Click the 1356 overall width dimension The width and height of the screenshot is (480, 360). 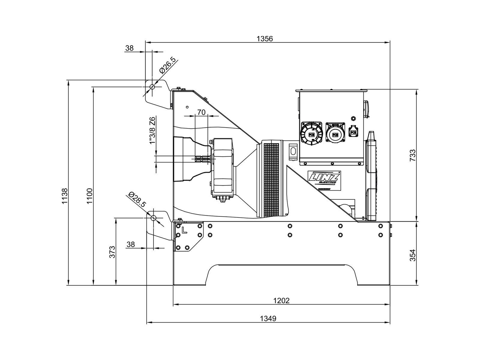(x=265, y=39)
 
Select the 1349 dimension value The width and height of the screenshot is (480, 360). (x=268, y=318)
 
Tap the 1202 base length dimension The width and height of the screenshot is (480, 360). (x=281, y=300)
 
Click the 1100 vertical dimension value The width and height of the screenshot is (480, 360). (x=90, y=196)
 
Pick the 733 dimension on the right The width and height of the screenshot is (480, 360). (x=412, y=155)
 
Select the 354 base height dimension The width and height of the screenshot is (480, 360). (x=412, y=255)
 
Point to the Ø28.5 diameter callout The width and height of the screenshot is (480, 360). (x=137, y=200)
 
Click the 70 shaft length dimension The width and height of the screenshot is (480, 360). (x=201, y=112)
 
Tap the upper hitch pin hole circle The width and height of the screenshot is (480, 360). (x=152, y=87)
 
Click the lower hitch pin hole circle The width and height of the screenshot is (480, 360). (x=154, y=217)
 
